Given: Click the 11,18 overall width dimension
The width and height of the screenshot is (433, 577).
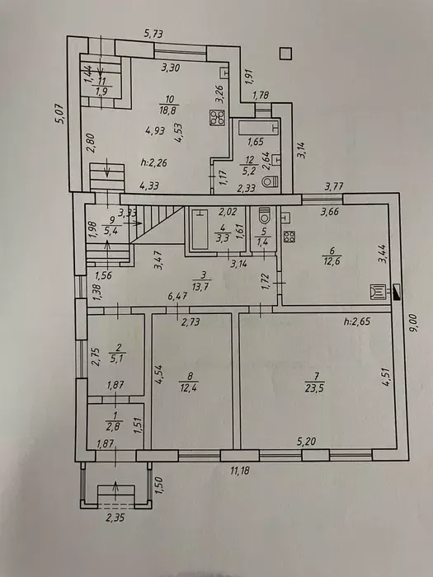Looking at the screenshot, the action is [x=240, y=471].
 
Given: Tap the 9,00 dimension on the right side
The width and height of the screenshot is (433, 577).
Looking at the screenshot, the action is [x=416, y=323].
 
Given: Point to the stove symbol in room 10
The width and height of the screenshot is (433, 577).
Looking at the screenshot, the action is [x=217, y=117].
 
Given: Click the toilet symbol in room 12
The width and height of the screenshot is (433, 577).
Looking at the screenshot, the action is [x=272, y=182].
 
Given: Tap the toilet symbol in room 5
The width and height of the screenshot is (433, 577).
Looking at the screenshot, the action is [x=265, y=215].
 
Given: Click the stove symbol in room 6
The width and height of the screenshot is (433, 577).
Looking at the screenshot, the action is [x=289, y=236].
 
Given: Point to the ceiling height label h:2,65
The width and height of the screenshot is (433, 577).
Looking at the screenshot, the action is [x=357, y=321].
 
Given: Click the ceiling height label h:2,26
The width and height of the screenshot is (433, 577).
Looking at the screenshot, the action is [x=154, y=162].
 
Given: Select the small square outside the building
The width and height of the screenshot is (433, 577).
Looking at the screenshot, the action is [x=285, y=54].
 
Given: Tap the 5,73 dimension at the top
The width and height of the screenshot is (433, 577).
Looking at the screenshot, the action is [x=153, y=35].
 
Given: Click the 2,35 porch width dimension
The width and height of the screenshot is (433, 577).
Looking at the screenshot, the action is [x=115, y=518].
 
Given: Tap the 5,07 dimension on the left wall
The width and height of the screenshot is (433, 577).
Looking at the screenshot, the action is [x=61, y=114].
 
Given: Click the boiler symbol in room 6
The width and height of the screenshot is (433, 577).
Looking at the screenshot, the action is [x=378, y=292].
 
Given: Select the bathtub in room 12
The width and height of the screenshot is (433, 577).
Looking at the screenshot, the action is [x=258, y=129].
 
